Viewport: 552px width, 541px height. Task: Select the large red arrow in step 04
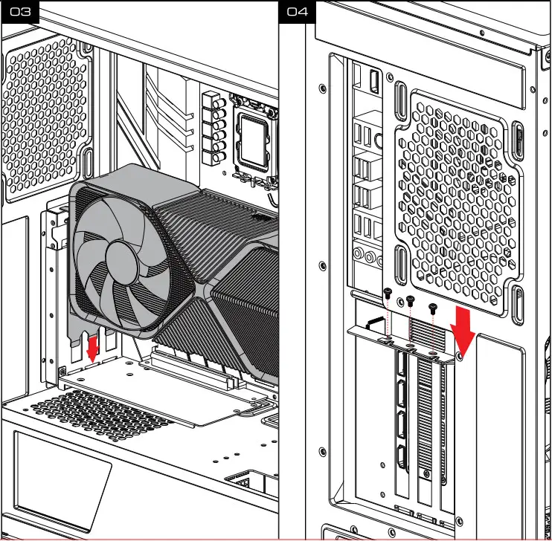[x=464, y=328]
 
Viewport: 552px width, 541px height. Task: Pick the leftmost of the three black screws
[x=388, y=294]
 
